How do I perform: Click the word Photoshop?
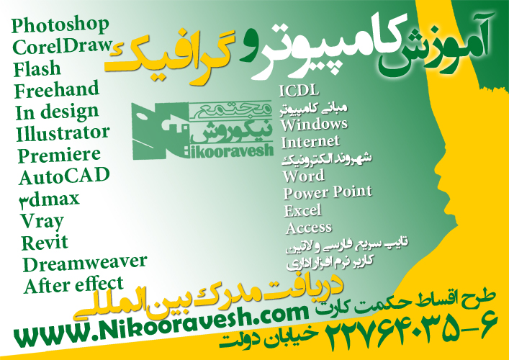[x=60, y=25]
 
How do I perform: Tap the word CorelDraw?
[x=63, y=46]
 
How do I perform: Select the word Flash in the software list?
[x=37, y=68]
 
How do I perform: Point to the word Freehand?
[x=56, y=89]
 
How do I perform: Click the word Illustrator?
[x=63, y=133]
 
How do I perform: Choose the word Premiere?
[x=59, y=156]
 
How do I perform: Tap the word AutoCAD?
[x=64, y=176]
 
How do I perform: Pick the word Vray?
[x=42, y=222]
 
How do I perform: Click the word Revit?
[x=45, y=243]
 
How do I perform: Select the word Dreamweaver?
[x=85, y=264]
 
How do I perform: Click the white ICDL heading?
[x=299, y=91]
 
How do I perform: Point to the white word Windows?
[x=314, y=125]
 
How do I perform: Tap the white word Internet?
[x=310, y=142]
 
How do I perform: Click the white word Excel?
[x=303, y=211]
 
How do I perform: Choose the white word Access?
[x=309, y=228]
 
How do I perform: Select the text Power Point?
[x=328, y=192]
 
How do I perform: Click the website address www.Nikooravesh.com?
[x=161, y=325]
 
